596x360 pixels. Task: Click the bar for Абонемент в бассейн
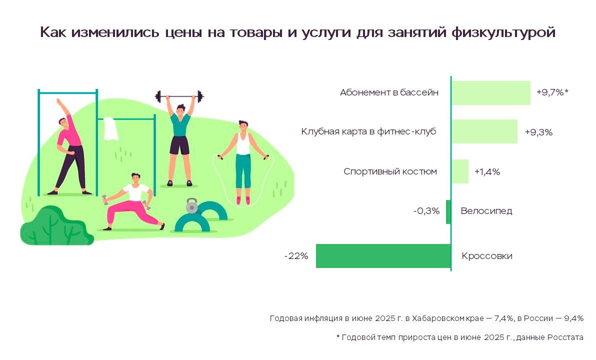pyautogui.click(x=490, y=93)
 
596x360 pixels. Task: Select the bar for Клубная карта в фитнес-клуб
pyautogui.click(x=484, y=131)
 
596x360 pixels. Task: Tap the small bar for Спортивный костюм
pyautogui.click(x=460, y=171)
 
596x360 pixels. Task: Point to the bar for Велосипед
pyautogui.click(x=448, y=211)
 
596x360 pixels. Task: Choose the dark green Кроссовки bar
pyautogui.click(x=383, y=256)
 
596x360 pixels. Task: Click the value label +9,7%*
pyautogui.click(x=552, y=92)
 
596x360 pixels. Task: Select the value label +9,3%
pyautogui.click(x=538, y=132)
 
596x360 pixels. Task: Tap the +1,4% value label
pyautogui.click(x=487, y=172)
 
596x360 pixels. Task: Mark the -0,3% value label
pyautogui.click(x=426, y=211)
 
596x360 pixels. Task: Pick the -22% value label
pyautogui.click(x=296, y=256)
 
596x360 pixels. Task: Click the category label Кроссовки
pyautogui.click(x=487, y=256)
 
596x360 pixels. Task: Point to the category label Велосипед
pyautogui.click(x=486, y=211)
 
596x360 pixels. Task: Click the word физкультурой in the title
pyautogui.click(x=503, y=32)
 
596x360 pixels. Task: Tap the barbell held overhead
pyautogui.click(x=179, y=96)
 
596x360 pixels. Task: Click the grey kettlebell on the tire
pyautogui.click(x=192, y=205)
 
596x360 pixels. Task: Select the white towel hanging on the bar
pyautogui.click(x=110, y=128)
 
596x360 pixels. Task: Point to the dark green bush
pyautogui.click(x=56, y=226)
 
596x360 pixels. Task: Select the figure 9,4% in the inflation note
pyautogui.click(x=573, y=318)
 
